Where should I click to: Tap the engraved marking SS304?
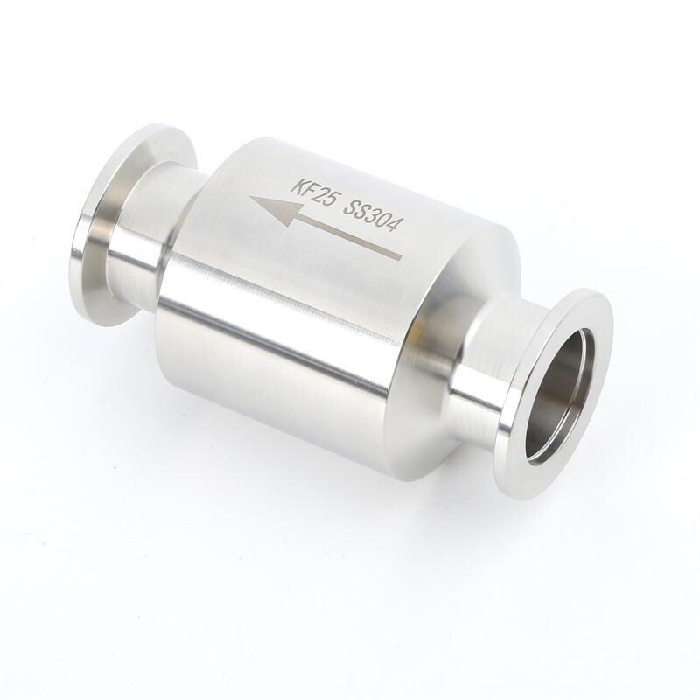pyautogui.click(x=369, y=215)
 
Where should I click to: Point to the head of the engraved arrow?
pyautogui.click(x=276, y=209)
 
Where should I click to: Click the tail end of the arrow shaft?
pyautogui.click(x=401, y=257)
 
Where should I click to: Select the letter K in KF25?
pyautogui.click(x=297, y=185)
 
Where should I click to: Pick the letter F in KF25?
pyautogui.click(x=307, y=189)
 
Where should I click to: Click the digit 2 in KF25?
pyautogui.click(x=318, y=193)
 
